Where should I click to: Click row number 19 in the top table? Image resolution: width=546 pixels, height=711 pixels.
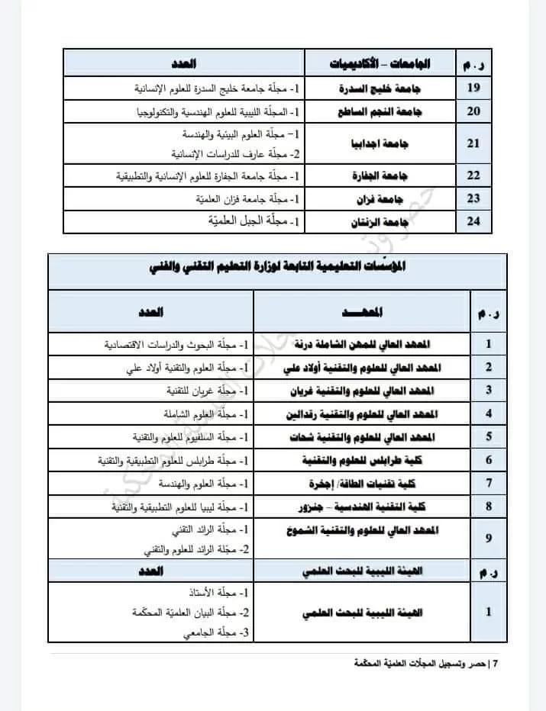click(473, 88)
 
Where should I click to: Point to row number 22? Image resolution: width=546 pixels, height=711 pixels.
click(473, 176)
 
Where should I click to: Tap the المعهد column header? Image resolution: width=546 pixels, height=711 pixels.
click(360, 312)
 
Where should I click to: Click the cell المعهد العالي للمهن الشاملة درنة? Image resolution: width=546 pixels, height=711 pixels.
click(360, 344)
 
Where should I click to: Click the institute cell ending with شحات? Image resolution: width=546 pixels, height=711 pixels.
click(360, 437)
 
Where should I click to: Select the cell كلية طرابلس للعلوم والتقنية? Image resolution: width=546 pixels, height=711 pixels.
click(360, 460)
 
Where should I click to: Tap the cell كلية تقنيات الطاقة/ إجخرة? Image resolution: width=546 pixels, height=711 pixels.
click(360, 483)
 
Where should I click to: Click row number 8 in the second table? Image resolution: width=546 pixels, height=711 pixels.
click(488, 506)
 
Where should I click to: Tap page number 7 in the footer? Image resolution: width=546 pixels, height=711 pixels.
click(496, 663)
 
